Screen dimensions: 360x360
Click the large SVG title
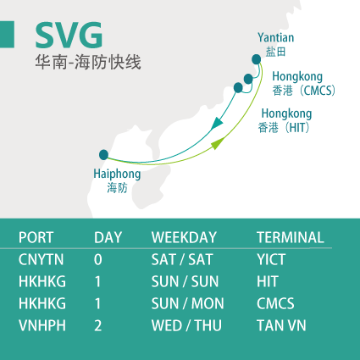tap(69, 35)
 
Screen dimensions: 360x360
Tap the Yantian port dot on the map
tap(257, 59)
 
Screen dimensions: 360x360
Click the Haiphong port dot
tap(103, 155)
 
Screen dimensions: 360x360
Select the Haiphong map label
tap(117, 174)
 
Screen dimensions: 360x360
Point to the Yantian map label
tap(275, 37)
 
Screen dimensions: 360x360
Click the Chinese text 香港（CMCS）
tap(304, 91)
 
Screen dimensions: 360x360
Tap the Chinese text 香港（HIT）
tap(284, 128)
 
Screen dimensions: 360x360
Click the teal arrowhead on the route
tap(217, 123)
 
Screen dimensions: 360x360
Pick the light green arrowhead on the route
tap(219, 143)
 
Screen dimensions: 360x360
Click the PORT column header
tap(36, 237)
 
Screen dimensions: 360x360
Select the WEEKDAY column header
tap(184, 237)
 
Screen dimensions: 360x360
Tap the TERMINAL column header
tap(291, 237)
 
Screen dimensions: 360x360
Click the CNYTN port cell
tap(42, 259)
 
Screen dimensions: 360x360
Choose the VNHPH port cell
tap(42, 325)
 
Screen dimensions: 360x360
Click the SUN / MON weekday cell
tap(188, 303)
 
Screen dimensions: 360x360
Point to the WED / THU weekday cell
tap(186, 325)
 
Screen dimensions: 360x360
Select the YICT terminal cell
tap(271, 259)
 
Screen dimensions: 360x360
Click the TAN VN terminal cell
tap(281, 325)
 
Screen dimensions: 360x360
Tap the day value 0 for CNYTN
tap(98, 259)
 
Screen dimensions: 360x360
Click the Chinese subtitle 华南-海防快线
tap(88, 62)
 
